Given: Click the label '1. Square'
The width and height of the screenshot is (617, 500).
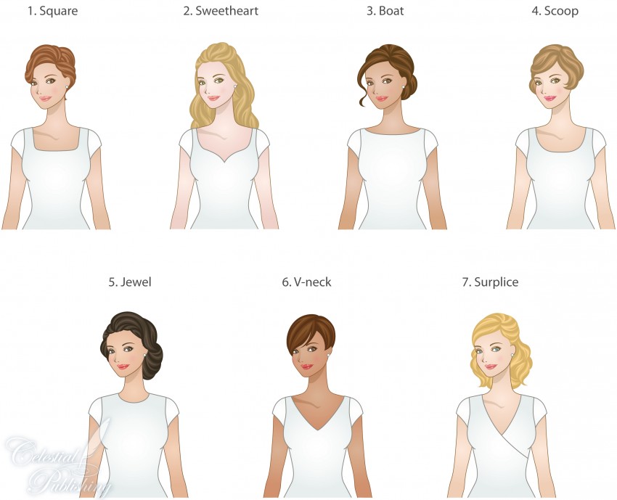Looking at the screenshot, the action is pos(52,11).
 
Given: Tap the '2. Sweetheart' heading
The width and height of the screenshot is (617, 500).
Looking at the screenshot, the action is pos(221,11).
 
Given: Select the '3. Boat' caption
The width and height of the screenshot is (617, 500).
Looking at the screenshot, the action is pos(385,11).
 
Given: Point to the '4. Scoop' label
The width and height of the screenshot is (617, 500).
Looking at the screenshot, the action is pos(555,11).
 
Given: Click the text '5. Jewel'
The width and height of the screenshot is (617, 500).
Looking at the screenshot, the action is pos(130,282).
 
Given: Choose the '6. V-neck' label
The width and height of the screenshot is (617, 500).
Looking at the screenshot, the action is pos(306,282).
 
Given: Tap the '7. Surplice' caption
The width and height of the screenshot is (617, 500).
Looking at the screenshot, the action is pos(490,282).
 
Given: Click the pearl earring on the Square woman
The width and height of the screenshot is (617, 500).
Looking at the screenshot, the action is pos(67,86).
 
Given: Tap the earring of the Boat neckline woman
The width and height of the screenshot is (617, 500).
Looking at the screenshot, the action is pos(403,86).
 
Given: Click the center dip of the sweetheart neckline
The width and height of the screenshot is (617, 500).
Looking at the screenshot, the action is pos(224,162).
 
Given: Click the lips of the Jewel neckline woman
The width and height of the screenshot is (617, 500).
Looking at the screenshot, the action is pos(123,367).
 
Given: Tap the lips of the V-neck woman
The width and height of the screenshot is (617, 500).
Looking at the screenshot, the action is pos(307,367).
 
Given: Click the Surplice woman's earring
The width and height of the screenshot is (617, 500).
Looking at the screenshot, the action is pos(512,356).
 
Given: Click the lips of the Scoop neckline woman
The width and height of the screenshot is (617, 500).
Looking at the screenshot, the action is pos(549,98).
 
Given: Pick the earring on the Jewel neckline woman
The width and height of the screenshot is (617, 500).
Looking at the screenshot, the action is pos(144,356).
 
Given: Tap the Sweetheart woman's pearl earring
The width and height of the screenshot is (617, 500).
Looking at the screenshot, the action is pos(235,86).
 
